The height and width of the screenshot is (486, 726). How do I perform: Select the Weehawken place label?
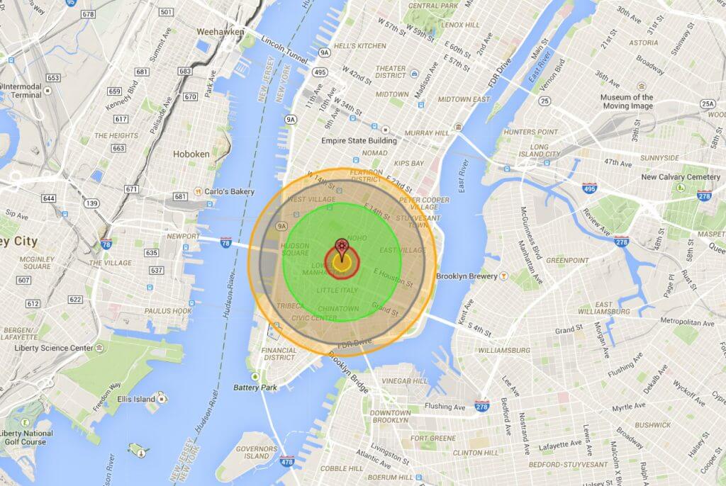point(220,32)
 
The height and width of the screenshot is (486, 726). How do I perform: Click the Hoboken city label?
point(191,153)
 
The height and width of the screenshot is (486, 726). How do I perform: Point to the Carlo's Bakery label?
point(223,192)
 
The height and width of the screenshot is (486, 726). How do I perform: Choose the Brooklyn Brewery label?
point(465,276)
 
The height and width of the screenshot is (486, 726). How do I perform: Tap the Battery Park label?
point(255,388)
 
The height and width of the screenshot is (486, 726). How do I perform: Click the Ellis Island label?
point(135,399)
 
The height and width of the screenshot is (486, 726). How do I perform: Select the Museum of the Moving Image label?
point(627,101)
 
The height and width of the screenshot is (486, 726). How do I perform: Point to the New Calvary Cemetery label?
point(680,177)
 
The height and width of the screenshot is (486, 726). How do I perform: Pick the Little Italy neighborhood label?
point(338,290)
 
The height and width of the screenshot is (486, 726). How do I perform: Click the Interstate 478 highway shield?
point(287,463)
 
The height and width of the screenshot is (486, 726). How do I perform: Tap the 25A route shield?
point(707,104)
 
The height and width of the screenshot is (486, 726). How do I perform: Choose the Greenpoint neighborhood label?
point(567,261)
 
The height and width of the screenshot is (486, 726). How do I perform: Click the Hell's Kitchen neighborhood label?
point(364,46)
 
